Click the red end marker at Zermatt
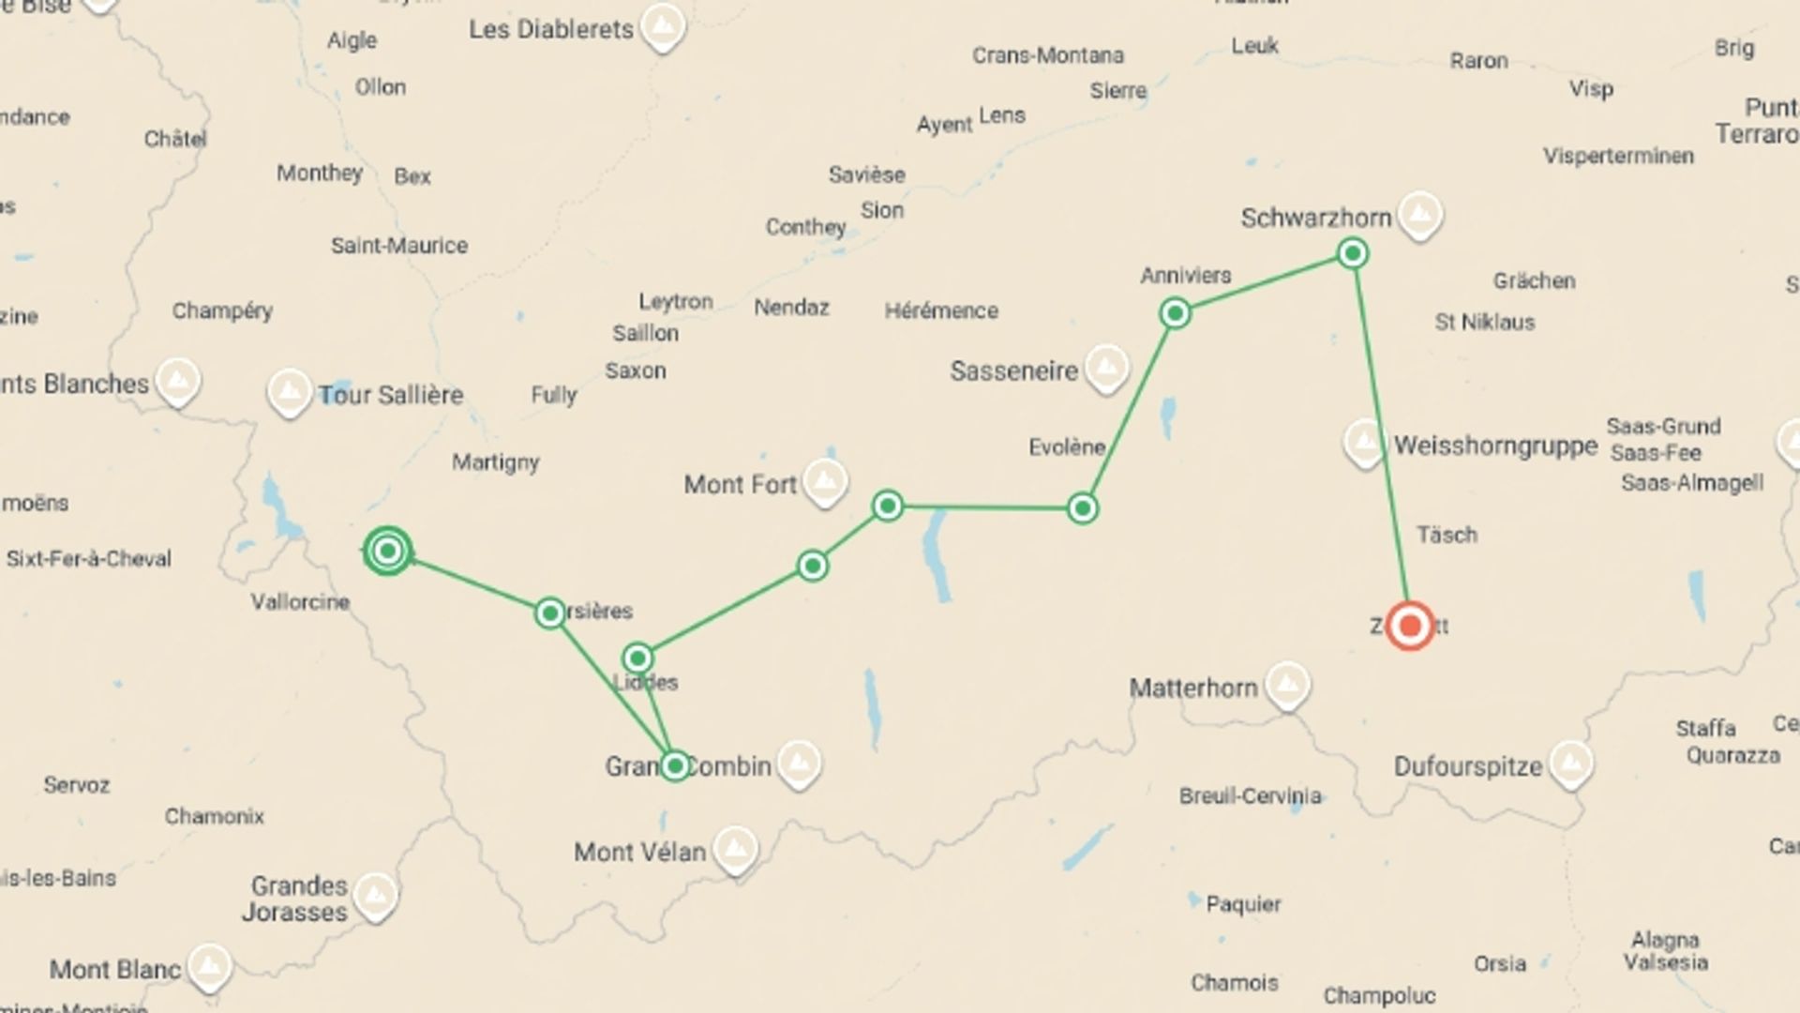pyautogui.click(x=1409, y=626)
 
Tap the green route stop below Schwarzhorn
pyautogui.click(x=1352, y=253)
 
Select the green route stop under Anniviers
pyautogui.click(x=1175, y=313)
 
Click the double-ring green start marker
pyautogui.click(x=387, y=551)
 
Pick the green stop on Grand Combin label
pyautogui.click(x=675, y=765)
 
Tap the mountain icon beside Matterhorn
pyautogui.click(x=1287, y=686)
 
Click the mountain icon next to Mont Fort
pyautogui.click(x=825, y=482)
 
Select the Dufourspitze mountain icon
pyautogui.click(x=1570, y=764)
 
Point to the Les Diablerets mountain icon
pyautogui.click(x=663, y=26)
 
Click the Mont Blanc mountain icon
pyautogui.click(x=209, y=967)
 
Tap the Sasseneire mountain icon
pyautogui.click(x=1106, y=368)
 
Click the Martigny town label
pyautogui.click(x=495, y=462)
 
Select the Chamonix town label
pyautogui.click(x=215, y=816)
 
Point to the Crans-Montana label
pyautogui.click(x=1047, y=55)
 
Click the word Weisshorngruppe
pyautogui.click(x=1495, y=446)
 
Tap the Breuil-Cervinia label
pyautogui.click(x=1250, y=796)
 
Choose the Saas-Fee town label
pyautogui.click(x=1656, y=453)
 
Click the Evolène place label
pyautogui.click(x=1067, y=447)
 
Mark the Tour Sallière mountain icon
pyautogui.click(x=289, y=392)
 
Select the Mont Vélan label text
pyautogui.click(x=639, y=852)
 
